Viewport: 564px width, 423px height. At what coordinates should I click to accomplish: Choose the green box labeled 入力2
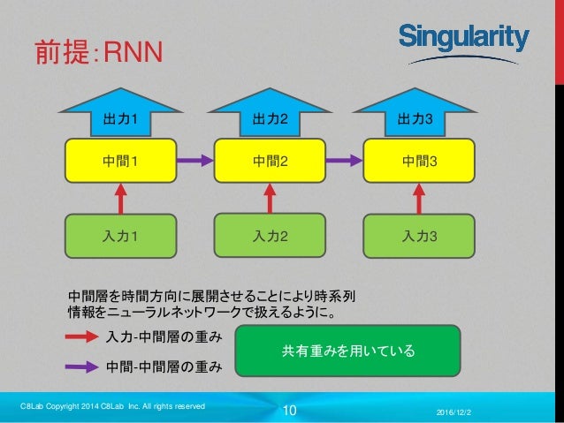271,236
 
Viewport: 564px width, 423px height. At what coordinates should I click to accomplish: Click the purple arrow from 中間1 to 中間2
195,160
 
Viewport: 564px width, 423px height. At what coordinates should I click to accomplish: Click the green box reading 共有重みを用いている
347,351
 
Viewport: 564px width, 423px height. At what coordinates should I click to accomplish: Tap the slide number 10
290,410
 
